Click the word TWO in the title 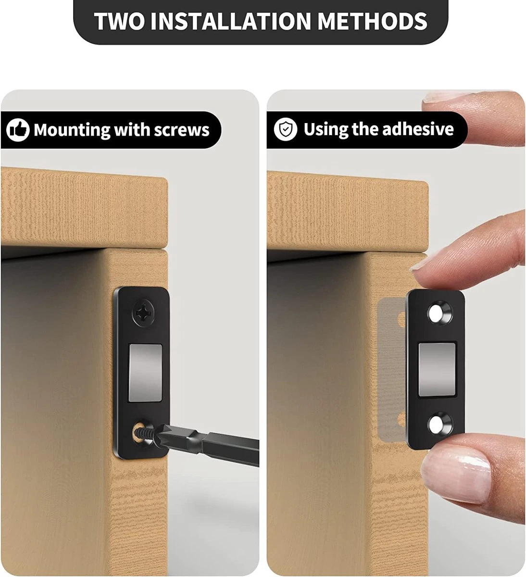(119, 21)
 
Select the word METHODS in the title (372, 21)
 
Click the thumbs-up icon (18, 130)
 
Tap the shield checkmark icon (285, 129)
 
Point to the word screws (182, 130)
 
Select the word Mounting (72, 131)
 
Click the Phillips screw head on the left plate (143, 313)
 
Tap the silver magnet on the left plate (145, 373)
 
